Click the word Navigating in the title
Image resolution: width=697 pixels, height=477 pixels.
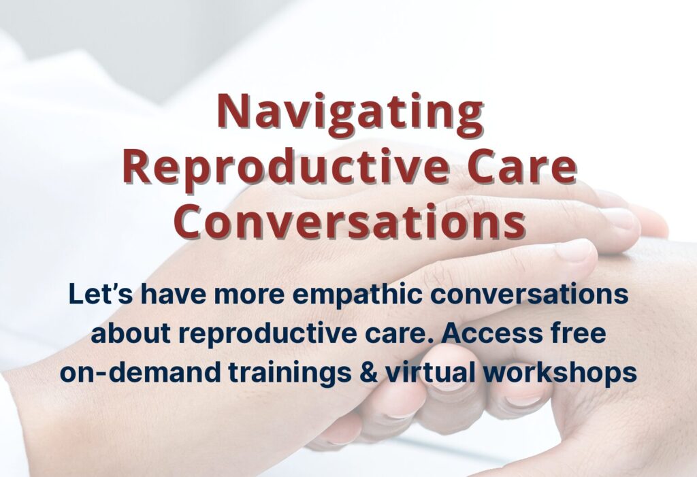[x=350, y=114]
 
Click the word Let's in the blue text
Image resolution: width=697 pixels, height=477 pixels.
[x=101, y=293]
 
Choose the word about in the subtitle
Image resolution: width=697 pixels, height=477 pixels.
[x=131, y=333]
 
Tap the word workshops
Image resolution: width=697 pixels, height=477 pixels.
[x=560, y=372]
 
